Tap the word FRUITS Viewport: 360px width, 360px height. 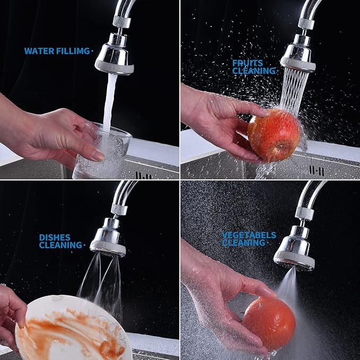pyautogui.click(x=247, y=63)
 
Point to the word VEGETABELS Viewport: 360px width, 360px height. pyautogui.click(x=249, y=234)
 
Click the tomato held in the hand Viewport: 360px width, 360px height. pyautogui.click(x=269, y=323)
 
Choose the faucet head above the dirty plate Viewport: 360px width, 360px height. pyautogui.click(x=108, y=238)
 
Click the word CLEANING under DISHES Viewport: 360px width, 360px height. pyautogui.click(x=60, y=245)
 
